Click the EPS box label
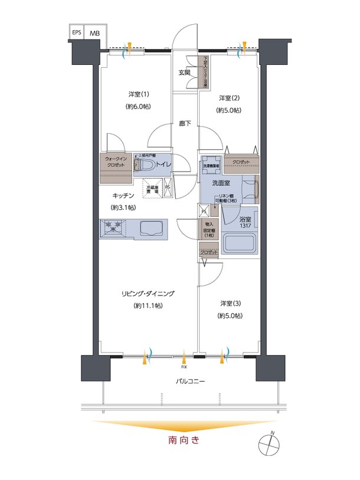pos(77,32)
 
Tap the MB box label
pos(94,33)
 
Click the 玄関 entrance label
pos(184,73)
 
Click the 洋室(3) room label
pos(230,303)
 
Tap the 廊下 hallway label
pos(184,124)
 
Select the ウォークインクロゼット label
pos(116,163)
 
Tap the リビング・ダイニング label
pos(148,293)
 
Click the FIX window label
pos(184,366)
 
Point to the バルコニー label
pos(190,382)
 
